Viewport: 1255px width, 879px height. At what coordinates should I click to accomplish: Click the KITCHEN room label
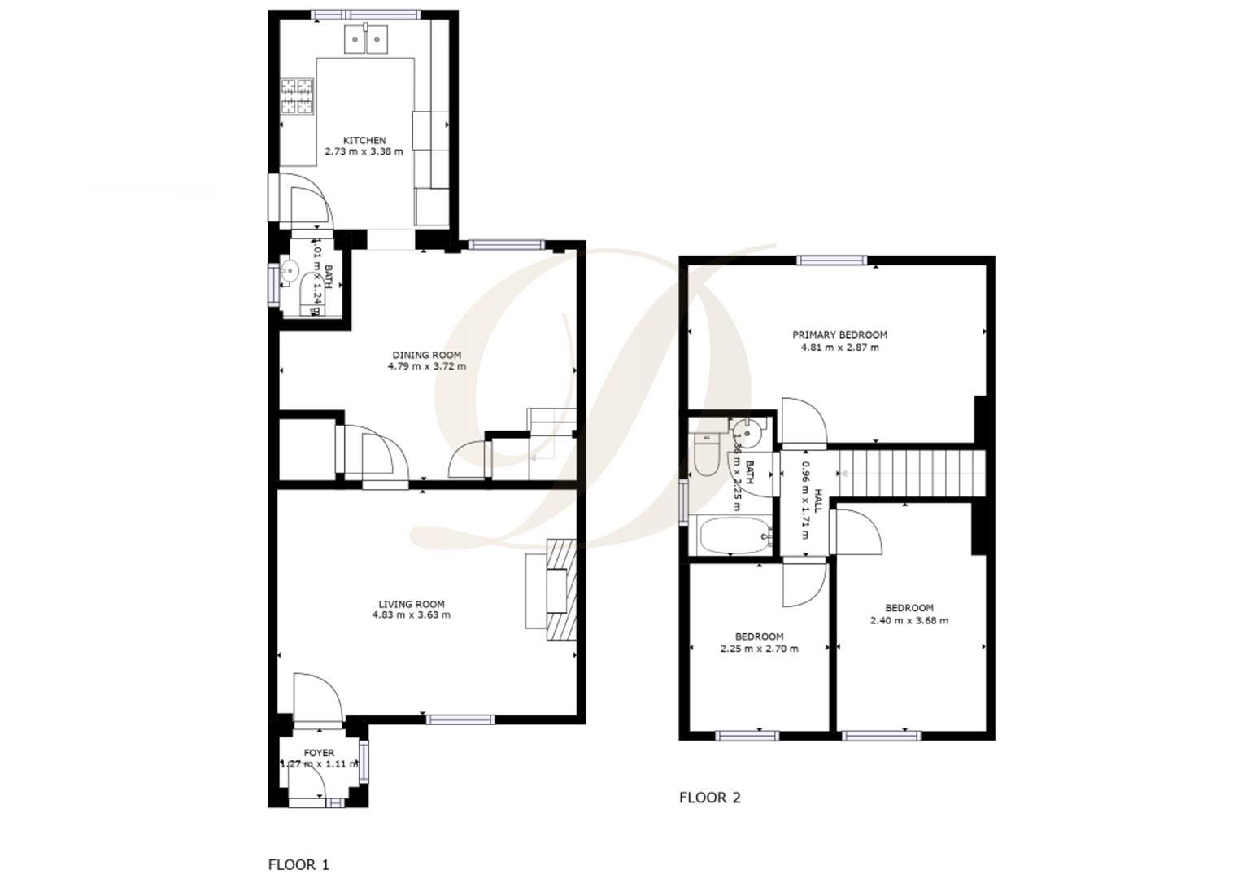pos(364,140)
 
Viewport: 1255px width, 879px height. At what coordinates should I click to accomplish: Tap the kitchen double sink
pos(366,38)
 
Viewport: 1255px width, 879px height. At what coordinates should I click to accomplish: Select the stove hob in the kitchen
pos(298,96)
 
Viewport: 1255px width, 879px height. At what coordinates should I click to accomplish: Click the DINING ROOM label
pos(426,355)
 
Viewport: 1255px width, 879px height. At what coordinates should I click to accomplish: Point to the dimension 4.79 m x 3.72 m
pos(426,366)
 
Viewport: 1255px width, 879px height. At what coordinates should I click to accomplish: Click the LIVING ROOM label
pos(411,604)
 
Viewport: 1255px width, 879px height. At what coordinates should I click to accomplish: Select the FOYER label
pos(319,753)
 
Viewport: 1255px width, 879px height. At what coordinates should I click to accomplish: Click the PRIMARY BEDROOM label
pos(839,335)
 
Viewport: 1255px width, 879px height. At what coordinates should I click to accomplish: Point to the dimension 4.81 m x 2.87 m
pos(839,348)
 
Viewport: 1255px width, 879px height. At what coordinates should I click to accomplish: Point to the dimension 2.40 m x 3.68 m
pos(909,620)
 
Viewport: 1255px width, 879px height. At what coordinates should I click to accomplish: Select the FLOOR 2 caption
pos(709,798)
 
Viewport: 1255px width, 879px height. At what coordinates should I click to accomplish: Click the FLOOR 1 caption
pos(298,864)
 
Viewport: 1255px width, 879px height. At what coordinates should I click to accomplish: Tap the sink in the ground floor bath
pos(289,272)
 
